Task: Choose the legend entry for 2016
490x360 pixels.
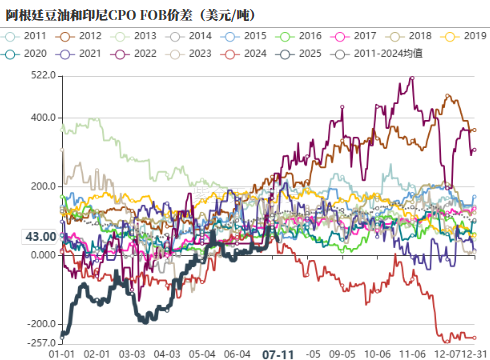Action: click(x=311, y=35)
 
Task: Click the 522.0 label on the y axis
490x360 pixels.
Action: click(x=41, y=76)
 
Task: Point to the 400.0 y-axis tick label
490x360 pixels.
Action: click(x=41, y=118)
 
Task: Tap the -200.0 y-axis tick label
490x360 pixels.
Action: click(x=39, y=324)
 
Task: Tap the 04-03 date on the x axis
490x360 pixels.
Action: click(x=167, y=353)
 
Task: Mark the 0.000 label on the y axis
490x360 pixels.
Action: click(x=41, y=255)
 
